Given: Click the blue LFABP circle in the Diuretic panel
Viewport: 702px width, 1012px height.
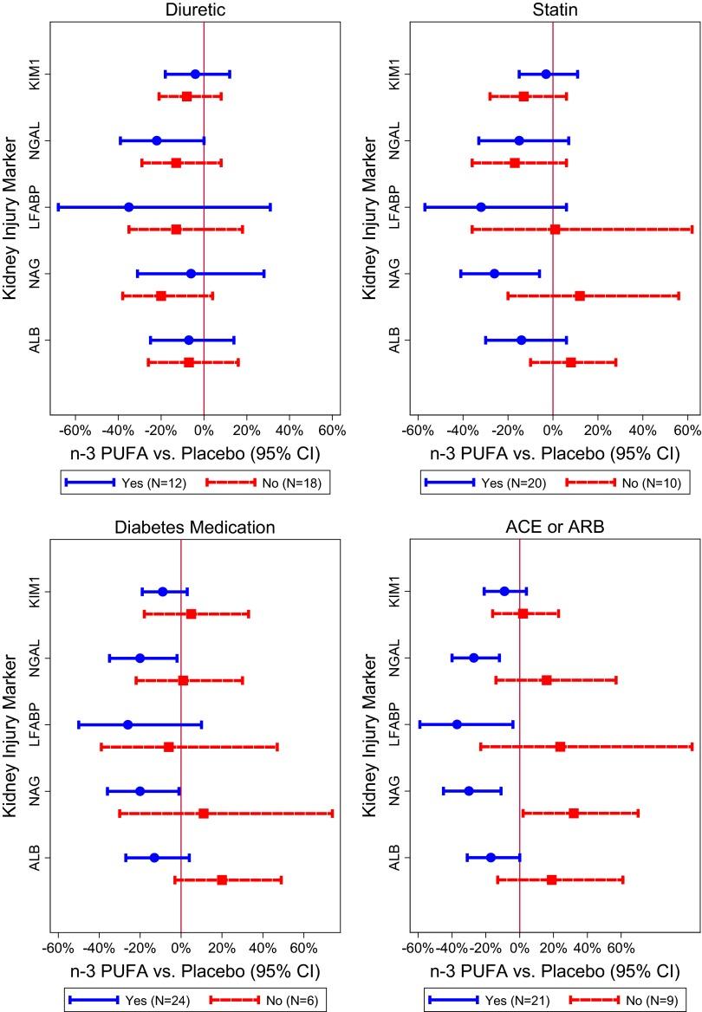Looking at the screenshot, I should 129,207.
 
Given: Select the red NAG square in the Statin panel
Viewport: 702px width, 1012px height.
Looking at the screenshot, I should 580,295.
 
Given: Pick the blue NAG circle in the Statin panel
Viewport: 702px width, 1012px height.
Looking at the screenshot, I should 494,274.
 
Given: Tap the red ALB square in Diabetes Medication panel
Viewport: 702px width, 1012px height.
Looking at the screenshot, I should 222,879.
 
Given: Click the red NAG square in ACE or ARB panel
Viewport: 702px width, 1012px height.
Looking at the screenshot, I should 574,813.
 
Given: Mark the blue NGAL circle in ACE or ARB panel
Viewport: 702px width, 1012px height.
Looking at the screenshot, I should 474,658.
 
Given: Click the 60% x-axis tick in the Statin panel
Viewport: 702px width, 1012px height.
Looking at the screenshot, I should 686,431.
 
